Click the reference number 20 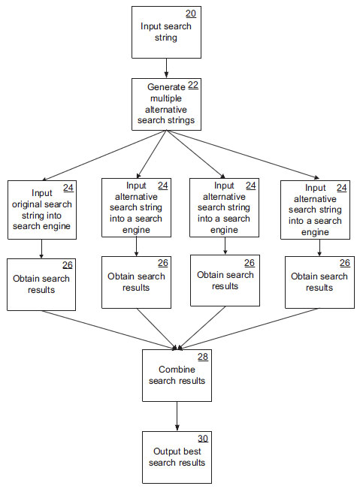tap(191, 14)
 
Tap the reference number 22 tap(193, 85)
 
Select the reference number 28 tap(203, 357)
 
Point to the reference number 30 tap(203, 439)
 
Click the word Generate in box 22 tap(166, 87)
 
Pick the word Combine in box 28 tap(177, 370)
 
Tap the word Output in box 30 tap(165, 451)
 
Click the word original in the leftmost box tap(25, 205)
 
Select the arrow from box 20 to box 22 tap(166, 68)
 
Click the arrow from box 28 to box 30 tap(177, 416)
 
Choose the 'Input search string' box tap(166, 32)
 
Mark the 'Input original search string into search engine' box tap(42, 210)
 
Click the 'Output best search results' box tap(177, 457)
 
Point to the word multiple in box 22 tap(166, 98)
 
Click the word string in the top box tap(166, 38)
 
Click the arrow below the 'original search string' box tap(41, 249)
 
